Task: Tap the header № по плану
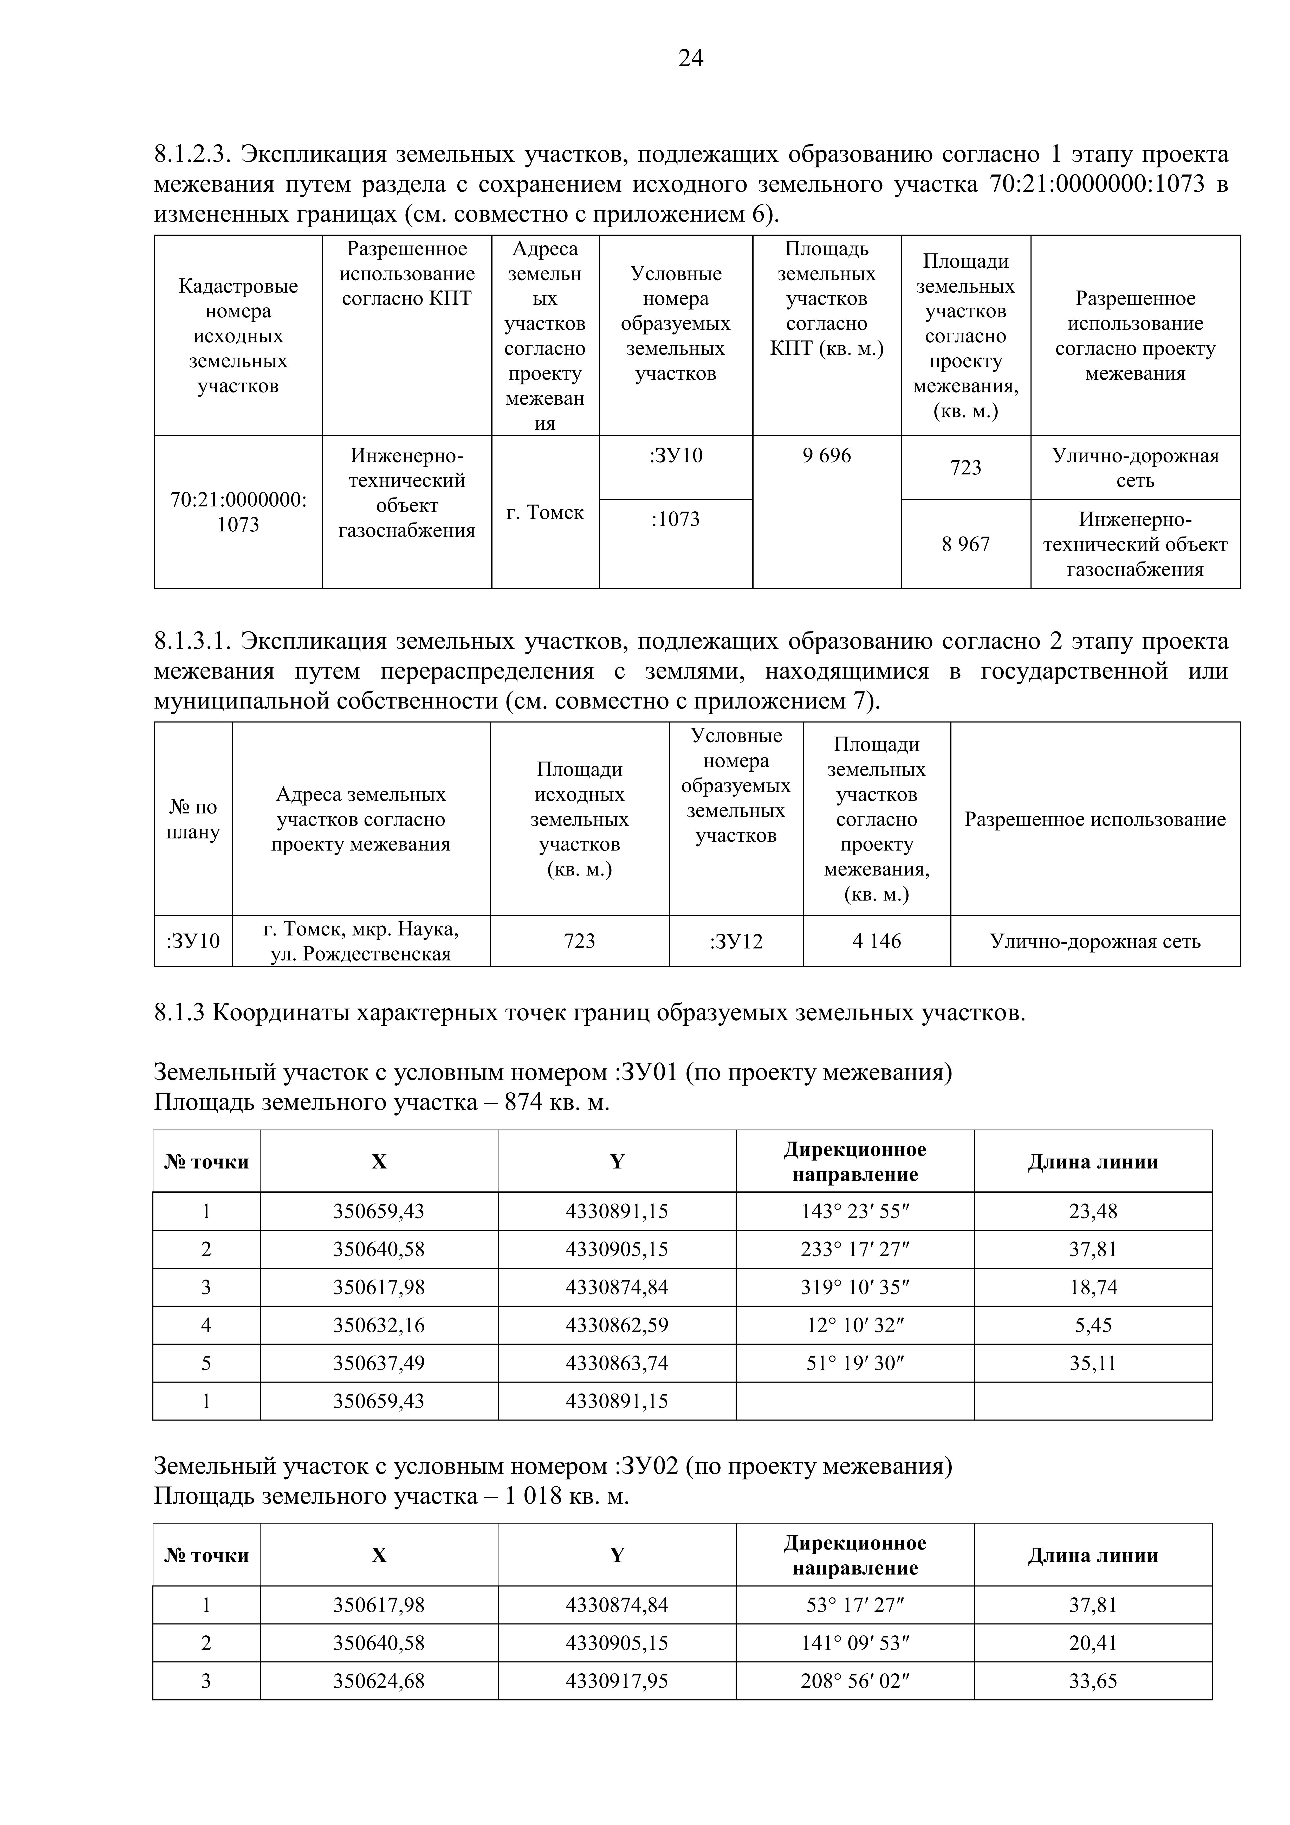192,820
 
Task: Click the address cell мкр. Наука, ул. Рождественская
361,941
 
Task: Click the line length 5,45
1093,1325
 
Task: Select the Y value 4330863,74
617,1363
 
